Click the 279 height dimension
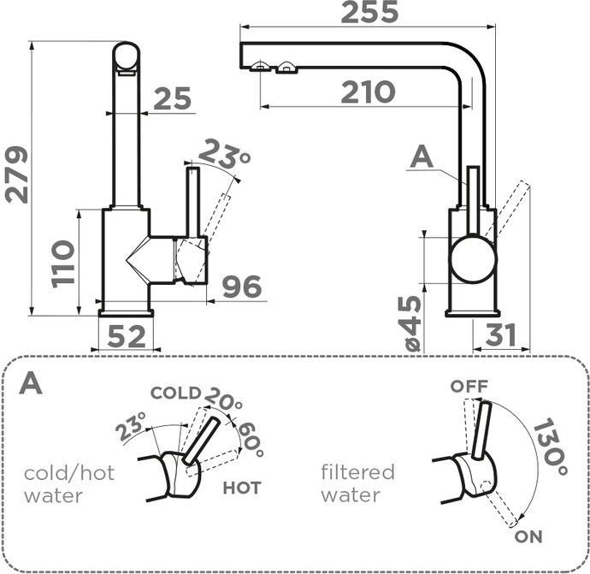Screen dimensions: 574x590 tap(17, 175)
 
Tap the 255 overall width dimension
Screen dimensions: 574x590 tap(369, 14)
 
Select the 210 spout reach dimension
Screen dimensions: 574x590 tap(368, 92)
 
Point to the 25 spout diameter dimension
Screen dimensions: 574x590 tap(173, 100)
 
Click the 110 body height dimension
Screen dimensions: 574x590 tap(62, 263)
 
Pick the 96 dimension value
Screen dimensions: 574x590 tap(241, 287)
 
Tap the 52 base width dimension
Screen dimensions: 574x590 tap(127, 337)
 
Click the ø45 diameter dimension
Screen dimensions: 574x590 tap(411, 323)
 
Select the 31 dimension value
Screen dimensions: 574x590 tap(501, 336)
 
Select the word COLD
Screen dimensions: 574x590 tap(175, 394)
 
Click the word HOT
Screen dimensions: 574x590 tap(242, 488)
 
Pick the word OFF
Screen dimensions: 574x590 tap(469, 387)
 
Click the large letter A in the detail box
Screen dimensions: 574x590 tap(31, 382)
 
